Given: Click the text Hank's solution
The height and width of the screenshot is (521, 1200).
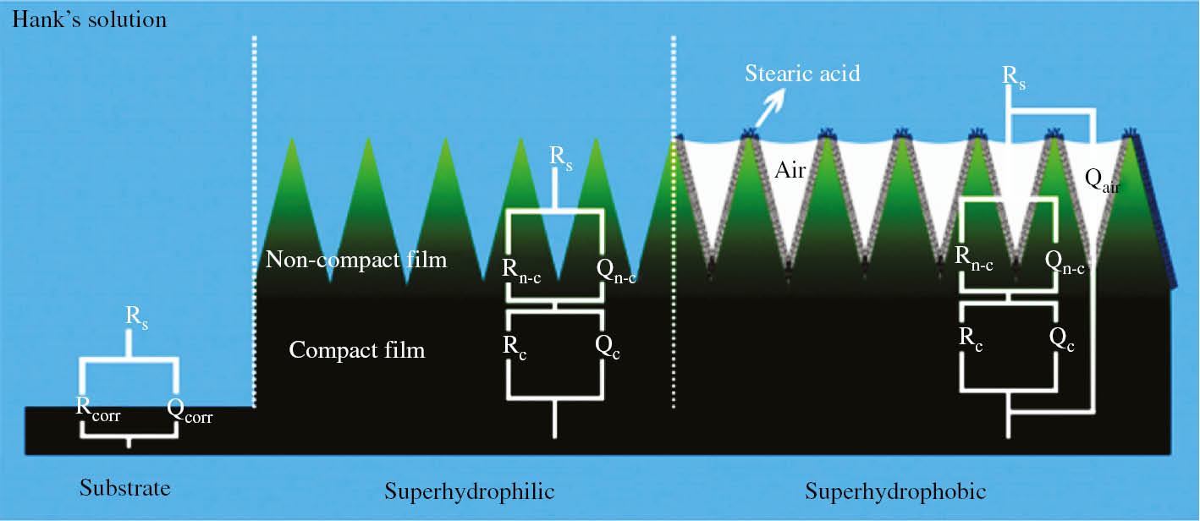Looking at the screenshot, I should [88, 19].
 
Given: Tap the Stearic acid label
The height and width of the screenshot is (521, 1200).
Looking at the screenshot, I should [801, 74].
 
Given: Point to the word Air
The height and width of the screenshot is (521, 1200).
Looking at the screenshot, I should [790, 171].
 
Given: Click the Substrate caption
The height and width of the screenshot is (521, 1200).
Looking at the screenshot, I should [124, 488].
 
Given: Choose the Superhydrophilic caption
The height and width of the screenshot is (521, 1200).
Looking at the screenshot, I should [469, 491].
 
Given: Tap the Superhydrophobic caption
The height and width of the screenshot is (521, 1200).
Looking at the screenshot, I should [895, 491].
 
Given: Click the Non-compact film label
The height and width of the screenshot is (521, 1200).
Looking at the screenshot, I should [355, 260].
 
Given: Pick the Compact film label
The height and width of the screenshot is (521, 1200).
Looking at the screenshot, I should [356, 348].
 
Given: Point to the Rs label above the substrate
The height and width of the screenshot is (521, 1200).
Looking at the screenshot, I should [137, 317].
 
